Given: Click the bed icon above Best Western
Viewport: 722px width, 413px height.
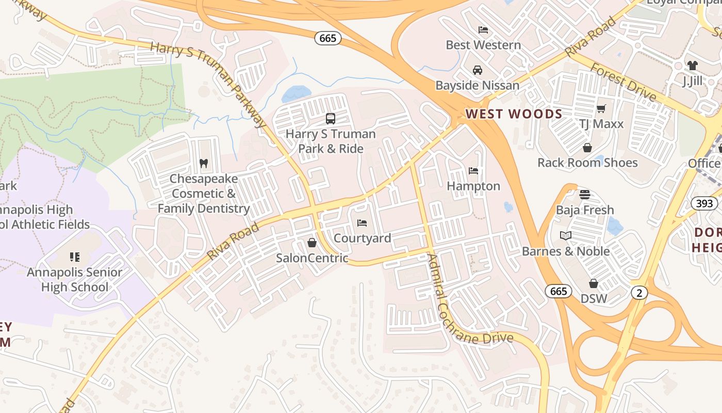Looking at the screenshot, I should coord(483,29).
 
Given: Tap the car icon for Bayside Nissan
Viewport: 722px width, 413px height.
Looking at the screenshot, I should coord(478,70).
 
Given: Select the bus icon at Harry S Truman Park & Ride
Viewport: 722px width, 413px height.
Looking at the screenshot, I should coord(331,119).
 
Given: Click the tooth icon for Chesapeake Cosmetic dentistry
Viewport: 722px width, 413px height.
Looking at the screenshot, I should coord(204,163).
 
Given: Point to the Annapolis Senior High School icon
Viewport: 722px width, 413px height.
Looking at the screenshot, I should coord(75,257).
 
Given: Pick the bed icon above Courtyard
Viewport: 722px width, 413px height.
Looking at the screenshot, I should coord(362,223).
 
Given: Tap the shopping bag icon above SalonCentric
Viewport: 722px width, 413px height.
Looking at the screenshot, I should coord(311,242).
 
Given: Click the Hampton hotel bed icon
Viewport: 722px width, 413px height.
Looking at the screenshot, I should coord(473,171).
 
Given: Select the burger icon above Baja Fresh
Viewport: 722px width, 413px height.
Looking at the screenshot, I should coord(584,195).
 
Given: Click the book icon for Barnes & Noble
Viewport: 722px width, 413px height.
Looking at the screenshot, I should coord(566,236).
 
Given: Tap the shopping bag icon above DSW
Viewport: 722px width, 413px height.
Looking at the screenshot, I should coord(594,283).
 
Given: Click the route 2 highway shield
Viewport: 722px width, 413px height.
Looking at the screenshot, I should coord(639,293).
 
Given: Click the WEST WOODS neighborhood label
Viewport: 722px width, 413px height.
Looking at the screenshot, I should coord(514,114).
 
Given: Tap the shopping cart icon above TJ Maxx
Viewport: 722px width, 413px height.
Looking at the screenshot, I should coord(601,108).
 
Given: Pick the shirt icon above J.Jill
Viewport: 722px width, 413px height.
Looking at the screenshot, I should coord(692,66).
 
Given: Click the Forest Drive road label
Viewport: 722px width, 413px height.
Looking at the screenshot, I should coord(623,82).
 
